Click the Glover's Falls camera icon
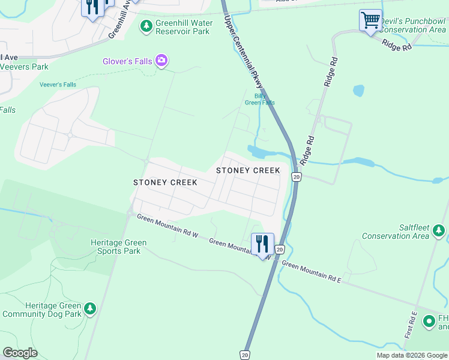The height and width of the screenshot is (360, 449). [161, 60]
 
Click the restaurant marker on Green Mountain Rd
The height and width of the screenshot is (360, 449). [262, 244]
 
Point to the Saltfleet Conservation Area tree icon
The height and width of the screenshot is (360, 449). [439, 230]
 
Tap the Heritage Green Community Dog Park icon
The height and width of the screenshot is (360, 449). [90, 308]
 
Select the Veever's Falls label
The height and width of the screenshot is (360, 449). [58, 85]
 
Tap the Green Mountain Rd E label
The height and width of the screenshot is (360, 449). [311, 272]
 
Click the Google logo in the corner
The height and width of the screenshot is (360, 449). [20, 352]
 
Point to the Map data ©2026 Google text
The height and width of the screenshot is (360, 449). [412, 355]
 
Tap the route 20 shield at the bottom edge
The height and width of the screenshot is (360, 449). [245, 355]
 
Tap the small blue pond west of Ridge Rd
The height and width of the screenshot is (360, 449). [358, 91]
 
